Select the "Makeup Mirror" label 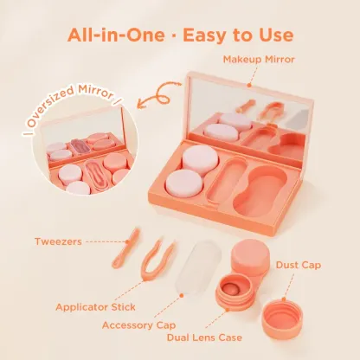[x=260, y=59]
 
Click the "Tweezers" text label [x=59, y=241]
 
